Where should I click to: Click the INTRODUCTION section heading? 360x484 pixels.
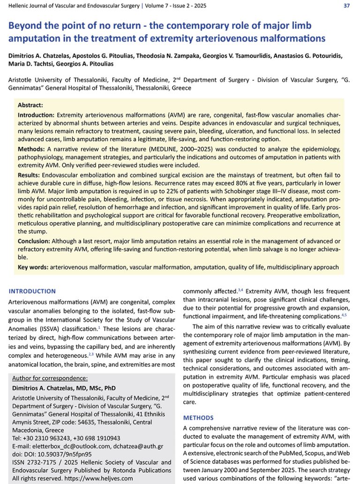point(32,291)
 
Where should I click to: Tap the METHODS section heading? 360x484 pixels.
point(198,417)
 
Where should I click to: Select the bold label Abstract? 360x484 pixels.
point(30,106)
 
